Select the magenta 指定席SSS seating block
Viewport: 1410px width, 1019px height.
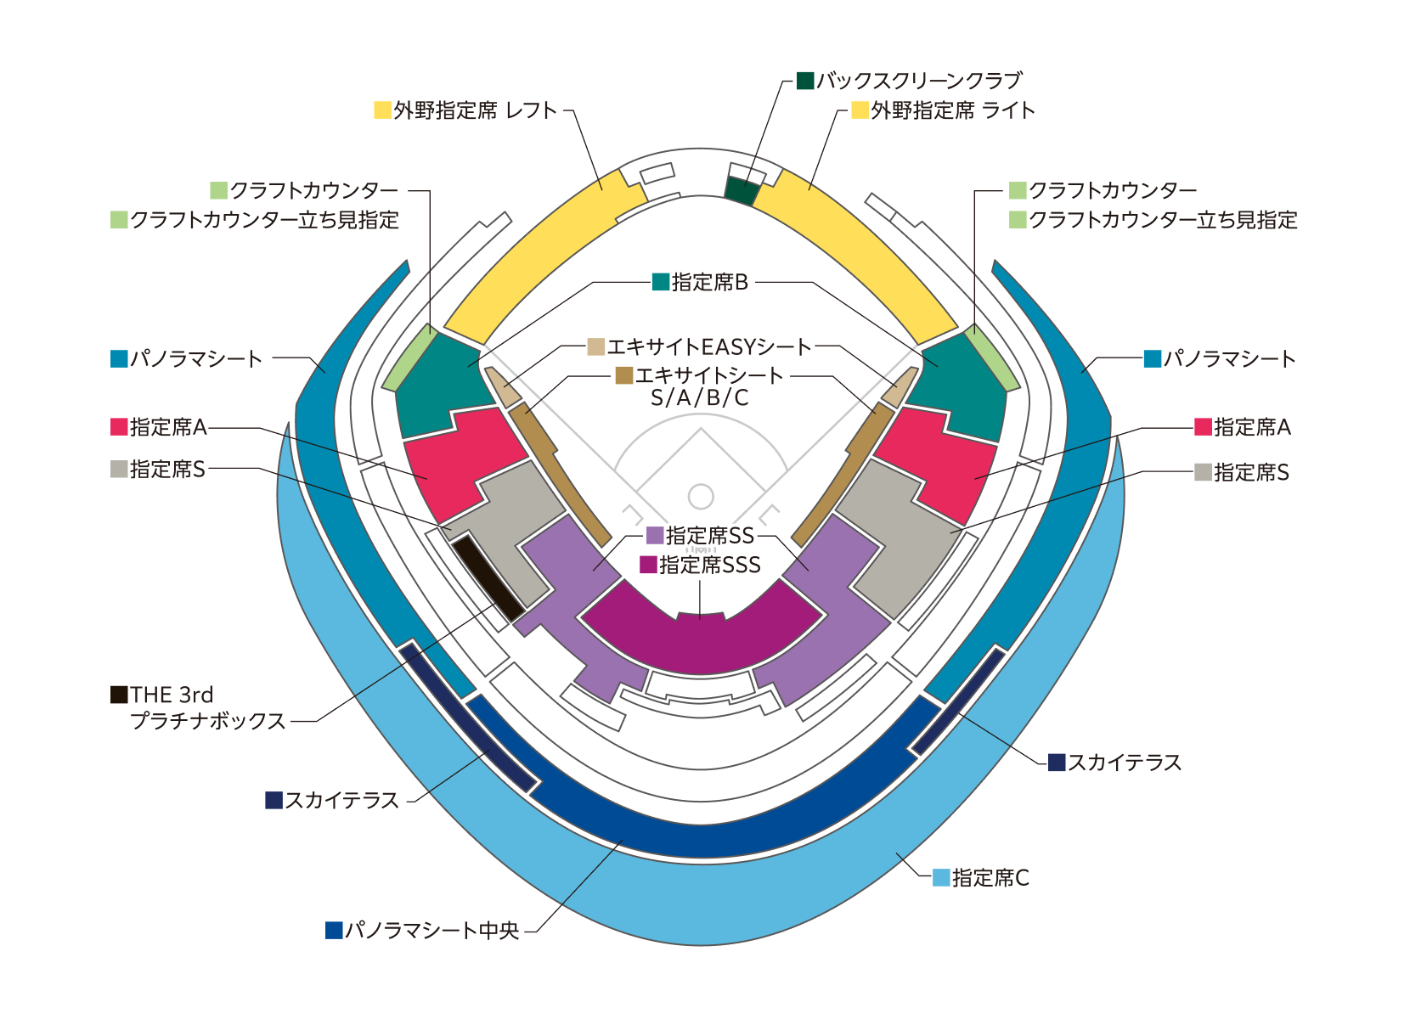[702, 633]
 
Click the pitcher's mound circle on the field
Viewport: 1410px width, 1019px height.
[701, 496]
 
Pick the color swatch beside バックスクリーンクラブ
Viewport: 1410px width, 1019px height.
[805, 81]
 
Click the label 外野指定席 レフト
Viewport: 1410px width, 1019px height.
[475, 110]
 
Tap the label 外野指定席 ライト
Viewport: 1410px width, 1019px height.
[953, 110]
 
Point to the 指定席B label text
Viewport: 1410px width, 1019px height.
[710, 282]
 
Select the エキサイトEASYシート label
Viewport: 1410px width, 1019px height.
[709, 346]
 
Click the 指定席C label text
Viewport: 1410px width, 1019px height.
[990, 877]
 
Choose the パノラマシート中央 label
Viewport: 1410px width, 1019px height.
[431, 930]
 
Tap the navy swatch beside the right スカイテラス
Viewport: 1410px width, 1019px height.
[1057, 762]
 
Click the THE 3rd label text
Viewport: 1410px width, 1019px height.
[172, 695]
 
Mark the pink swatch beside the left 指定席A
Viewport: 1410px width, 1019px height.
[119, 426]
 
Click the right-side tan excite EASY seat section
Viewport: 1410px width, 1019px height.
[900, 387]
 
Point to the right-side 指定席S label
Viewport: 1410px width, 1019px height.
[1251, 472]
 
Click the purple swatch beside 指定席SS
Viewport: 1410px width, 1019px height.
[655, 535]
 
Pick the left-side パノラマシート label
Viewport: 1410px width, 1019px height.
[196, 358]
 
